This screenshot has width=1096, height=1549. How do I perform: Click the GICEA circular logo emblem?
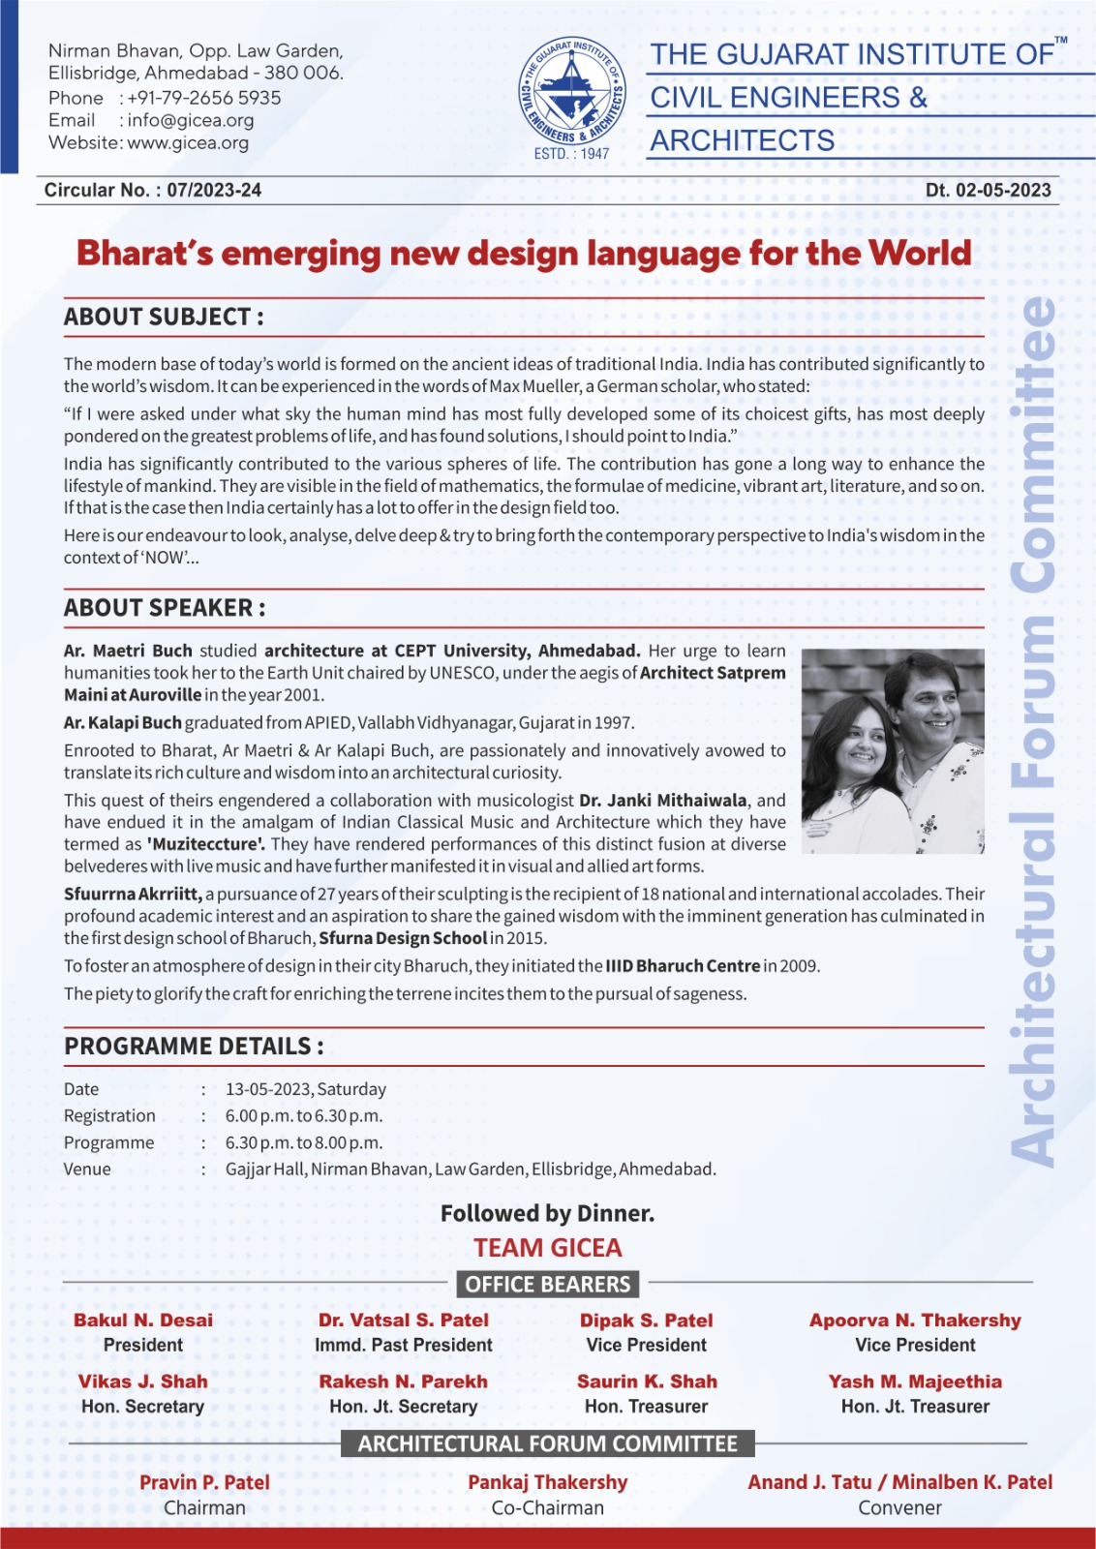point(572,90)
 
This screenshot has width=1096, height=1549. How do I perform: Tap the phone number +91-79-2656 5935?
point(203,98)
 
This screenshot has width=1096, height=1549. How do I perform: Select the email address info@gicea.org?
point(190,120)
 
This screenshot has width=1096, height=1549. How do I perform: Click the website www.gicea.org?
point(188,142)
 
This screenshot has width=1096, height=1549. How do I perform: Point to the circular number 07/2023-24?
point(214,190)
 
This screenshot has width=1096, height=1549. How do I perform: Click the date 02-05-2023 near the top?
point(1003,190)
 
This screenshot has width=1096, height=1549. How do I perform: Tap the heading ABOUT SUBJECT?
point(164,317)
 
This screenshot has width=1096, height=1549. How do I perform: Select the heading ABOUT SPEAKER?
point(165,608)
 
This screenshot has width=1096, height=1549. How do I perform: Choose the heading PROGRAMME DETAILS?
point(194,1047)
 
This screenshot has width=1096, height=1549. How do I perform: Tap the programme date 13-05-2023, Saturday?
point(306,1089)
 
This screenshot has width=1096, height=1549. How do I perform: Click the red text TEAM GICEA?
point(548,1248)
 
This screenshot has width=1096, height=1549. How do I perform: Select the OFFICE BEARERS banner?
point(548,1285)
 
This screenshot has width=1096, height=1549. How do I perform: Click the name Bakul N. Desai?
point(143,1321)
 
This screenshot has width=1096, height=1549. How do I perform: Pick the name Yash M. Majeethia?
point(915,1382)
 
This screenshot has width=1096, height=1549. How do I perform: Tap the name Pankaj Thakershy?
point(548,1482)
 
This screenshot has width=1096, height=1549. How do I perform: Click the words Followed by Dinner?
point(548,1213)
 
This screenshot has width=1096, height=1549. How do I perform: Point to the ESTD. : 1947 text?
point(572,154)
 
